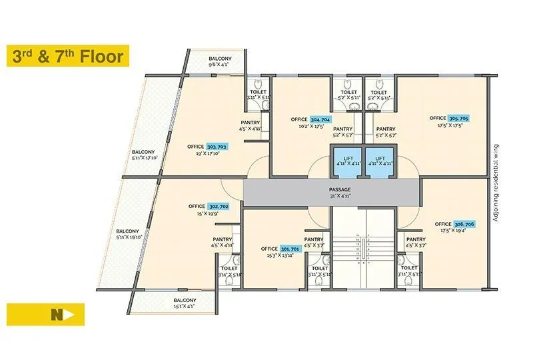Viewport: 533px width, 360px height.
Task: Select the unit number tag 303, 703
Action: pyautogui.click(x=217, y=146)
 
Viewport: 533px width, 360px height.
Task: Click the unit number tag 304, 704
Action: pyautogui.click(x=320, y=119)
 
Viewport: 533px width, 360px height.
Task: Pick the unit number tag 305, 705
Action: pyautogui.click(x=458, y=118)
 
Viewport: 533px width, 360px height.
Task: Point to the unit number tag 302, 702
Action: pyautogui.click(x=219, y=207)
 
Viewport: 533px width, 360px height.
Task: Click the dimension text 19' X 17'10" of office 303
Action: pyautogui.click(x=208, y=153)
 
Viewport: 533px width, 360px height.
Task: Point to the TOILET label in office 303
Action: pyautogui.click(x=258, y=92)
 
